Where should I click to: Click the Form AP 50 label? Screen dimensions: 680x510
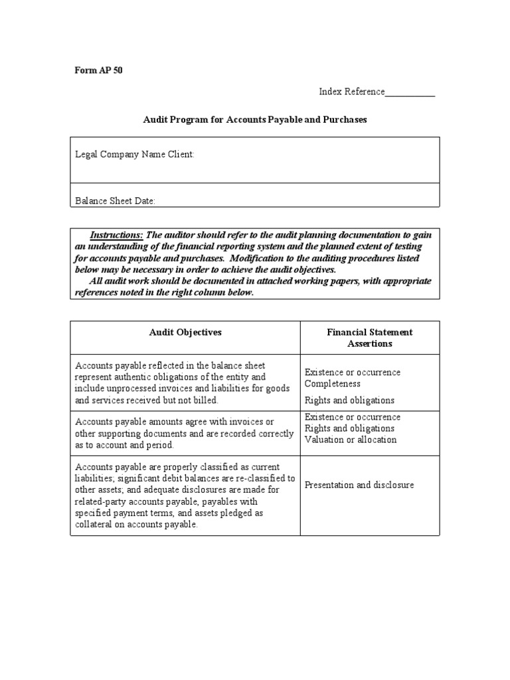[98, 70]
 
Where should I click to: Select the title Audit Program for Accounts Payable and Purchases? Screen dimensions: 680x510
[255, 120]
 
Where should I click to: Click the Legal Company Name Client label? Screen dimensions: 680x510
[135, 154]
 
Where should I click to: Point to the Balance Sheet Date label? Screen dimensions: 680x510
[116, 201]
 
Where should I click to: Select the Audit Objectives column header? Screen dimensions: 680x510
[185, 332]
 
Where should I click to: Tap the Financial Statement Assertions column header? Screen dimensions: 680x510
[370, 337]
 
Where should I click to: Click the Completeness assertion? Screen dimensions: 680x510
[333, 384]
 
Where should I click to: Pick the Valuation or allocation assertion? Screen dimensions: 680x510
[351, 440]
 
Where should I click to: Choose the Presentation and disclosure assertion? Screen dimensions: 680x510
[359, 485]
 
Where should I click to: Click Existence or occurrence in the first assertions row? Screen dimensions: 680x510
[353, 372]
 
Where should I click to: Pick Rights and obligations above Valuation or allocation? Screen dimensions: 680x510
[349, 428]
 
